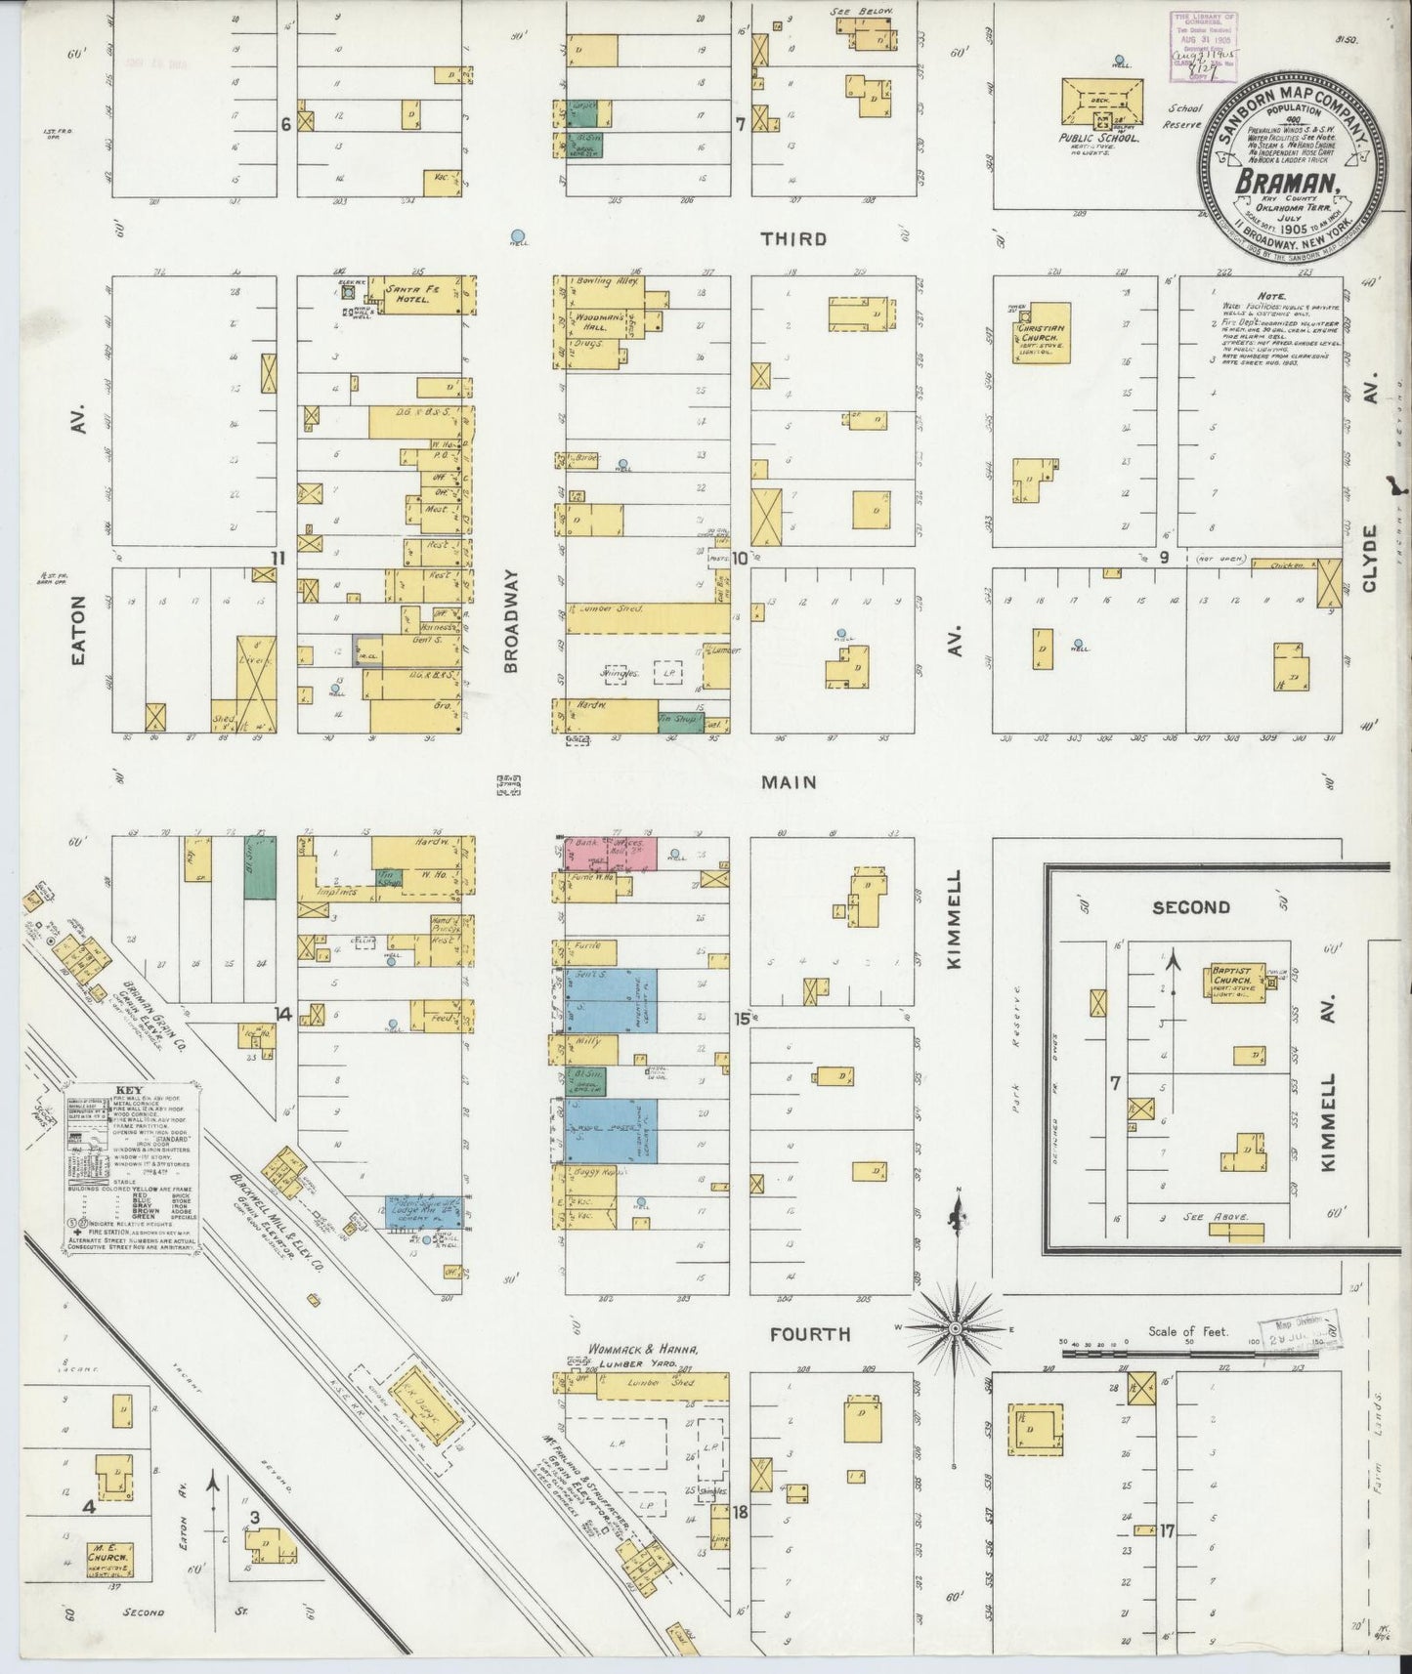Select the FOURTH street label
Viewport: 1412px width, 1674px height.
tap(809, 1334)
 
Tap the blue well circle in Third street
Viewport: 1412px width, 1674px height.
tap(519, 234)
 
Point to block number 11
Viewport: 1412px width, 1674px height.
tap(278, 558)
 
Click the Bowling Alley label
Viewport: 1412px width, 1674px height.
tap(607, 282)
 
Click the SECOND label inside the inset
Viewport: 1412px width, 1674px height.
tap(1190, 906)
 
